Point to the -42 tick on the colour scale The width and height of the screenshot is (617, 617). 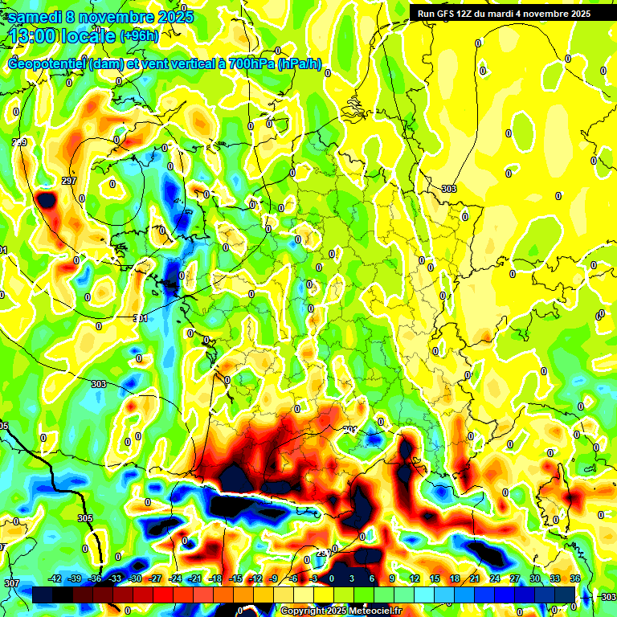pos(55,578)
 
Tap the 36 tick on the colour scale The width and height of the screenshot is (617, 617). pos(574,578)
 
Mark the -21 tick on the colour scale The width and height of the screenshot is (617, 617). pos(194,578)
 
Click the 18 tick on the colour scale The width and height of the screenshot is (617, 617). pos(454,578)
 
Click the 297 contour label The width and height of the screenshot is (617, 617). pos(68,182)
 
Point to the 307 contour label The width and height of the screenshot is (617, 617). pos(12,582)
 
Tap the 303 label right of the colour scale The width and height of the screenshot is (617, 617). pos(608,597)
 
